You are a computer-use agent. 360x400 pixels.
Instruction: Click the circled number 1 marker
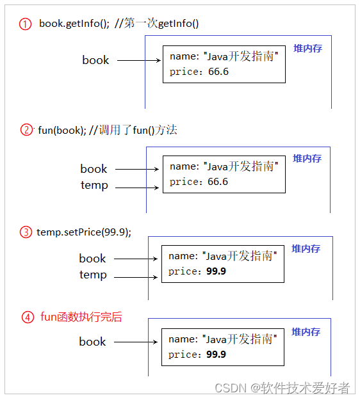26,24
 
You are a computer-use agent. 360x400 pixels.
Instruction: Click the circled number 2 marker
26,130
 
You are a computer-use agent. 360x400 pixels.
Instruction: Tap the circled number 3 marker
26,232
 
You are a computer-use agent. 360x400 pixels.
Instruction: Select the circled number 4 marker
27,317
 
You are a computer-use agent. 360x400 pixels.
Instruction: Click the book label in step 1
95,60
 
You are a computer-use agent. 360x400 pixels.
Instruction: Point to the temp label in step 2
94,186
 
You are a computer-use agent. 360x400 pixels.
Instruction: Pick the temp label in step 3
93,275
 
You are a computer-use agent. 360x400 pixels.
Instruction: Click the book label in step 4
92,342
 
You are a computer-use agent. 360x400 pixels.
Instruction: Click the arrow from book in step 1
138,61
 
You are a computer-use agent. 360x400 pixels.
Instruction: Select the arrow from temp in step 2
138,188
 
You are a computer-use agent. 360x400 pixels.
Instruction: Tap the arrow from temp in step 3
136,277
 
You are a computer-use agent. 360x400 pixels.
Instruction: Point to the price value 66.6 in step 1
218,72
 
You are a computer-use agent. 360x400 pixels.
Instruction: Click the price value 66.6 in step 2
218,182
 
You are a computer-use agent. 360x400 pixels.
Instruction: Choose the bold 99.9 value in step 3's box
217,271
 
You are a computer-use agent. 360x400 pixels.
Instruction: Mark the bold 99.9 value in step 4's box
217,355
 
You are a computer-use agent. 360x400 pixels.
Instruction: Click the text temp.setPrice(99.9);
84,232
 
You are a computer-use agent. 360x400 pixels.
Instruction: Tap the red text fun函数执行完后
81,317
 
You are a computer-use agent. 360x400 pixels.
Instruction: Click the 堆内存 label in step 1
307,49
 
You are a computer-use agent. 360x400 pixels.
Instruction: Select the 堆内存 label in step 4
306,332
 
